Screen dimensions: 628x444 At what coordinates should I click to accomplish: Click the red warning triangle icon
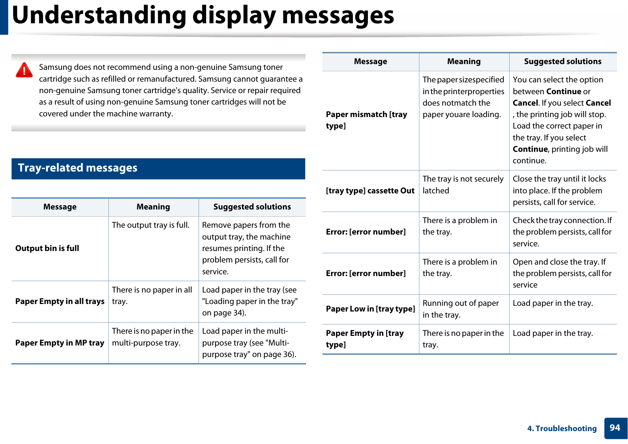24,70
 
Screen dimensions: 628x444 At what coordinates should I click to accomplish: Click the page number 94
615,428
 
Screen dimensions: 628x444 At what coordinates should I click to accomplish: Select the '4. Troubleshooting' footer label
562,429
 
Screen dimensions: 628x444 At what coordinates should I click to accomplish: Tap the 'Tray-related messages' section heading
78,168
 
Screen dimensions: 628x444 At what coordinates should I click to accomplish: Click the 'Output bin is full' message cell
47,248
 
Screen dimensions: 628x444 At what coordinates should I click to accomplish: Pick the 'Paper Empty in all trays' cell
60,301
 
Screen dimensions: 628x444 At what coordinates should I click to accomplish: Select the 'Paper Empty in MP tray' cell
59,343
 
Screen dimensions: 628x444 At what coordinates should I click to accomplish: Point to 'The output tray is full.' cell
151,225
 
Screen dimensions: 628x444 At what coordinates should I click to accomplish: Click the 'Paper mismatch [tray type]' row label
366,120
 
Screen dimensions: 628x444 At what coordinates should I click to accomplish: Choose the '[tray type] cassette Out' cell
370,190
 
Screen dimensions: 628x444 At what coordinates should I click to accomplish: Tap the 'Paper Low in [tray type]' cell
370,309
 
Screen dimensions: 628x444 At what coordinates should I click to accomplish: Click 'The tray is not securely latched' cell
463,184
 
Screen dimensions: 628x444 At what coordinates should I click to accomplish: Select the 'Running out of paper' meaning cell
461,309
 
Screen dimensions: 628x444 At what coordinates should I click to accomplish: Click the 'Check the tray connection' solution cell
562,232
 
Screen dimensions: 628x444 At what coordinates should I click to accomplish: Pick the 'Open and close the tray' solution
562,273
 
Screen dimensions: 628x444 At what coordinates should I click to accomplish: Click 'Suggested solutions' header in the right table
563,62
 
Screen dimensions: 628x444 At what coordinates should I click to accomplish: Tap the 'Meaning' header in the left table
153,207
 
